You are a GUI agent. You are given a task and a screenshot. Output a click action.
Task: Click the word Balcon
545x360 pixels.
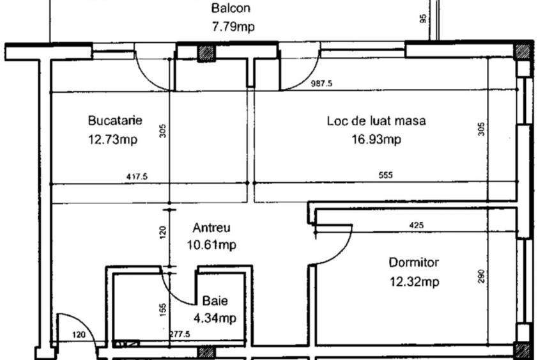tap(231, 9)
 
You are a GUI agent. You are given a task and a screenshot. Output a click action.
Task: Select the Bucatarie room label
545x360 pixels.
tap(115, 120)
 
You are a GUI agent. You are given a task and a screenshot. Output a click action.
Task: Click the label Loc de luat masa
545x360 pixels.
tap(376, 120)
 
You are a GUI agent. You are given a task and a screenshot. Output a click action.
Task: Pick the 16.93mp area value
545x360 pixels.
tap(376, 140)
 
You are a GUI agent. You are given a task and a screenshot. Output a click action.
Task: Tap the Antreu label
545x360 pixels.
tap(211, 228)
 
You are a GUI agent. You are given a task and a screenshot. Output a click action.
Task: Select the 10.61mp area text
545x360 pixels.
tap(211, 245)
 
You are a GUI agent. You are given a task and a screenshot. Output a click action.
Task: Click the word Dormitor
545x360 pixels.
tap(413, 262)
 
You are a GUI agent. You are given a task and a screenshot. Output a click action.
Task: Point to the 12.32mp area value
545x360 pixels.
tap(413, 281)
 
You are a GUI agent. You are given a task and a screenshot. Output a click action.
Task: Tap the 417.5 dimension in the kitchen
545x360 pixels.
tap(136, 177)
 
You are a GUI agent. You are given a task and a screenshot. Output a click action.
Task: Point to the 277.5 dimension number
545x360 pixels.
tap(181, 334)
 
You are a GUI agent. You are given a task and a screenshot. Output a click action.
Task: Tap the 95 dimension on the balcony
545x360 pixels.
tap(423, 19)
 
